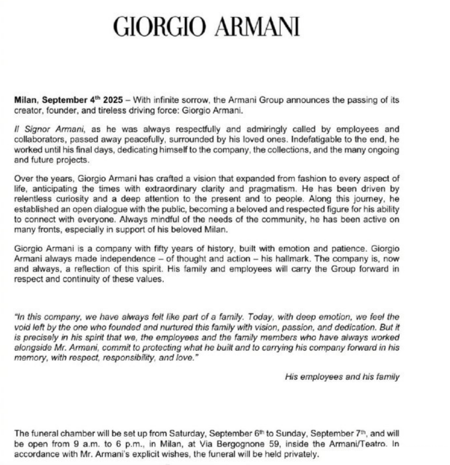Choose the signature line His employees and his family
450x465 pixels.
click(341, 377)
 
